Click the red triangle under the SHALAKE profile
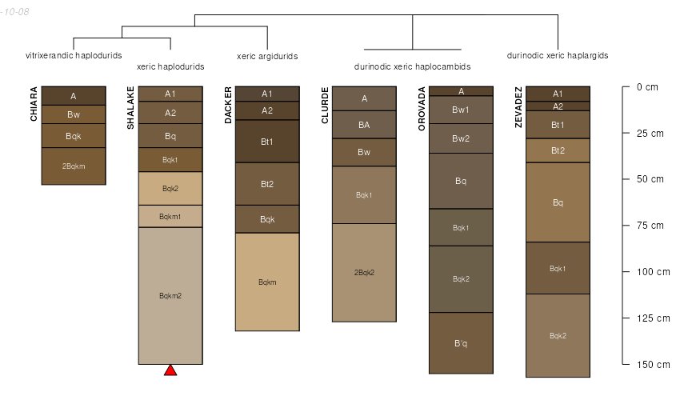170,370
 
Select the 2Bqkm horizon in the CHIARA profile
74,166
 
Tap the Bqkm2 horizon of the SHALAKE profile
170,296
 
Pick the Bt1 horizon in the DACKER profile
267,142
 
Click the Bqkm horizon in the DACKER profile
267,282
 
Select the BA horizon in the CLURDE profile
364,125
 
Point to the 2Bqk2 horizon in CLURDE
364,273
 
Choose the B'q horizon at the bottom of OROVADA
461,343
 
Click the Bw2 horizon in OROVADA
461,138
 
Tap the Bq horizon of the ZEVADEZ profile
558,202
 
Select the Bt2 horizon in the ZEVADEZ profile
558,150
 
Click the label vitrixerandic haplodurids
74,56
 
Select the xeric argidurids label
267,56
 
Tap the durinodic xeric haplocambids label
412,66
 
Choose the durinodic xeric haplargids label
558,56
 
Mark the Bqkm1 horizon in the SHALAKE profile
170,217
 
